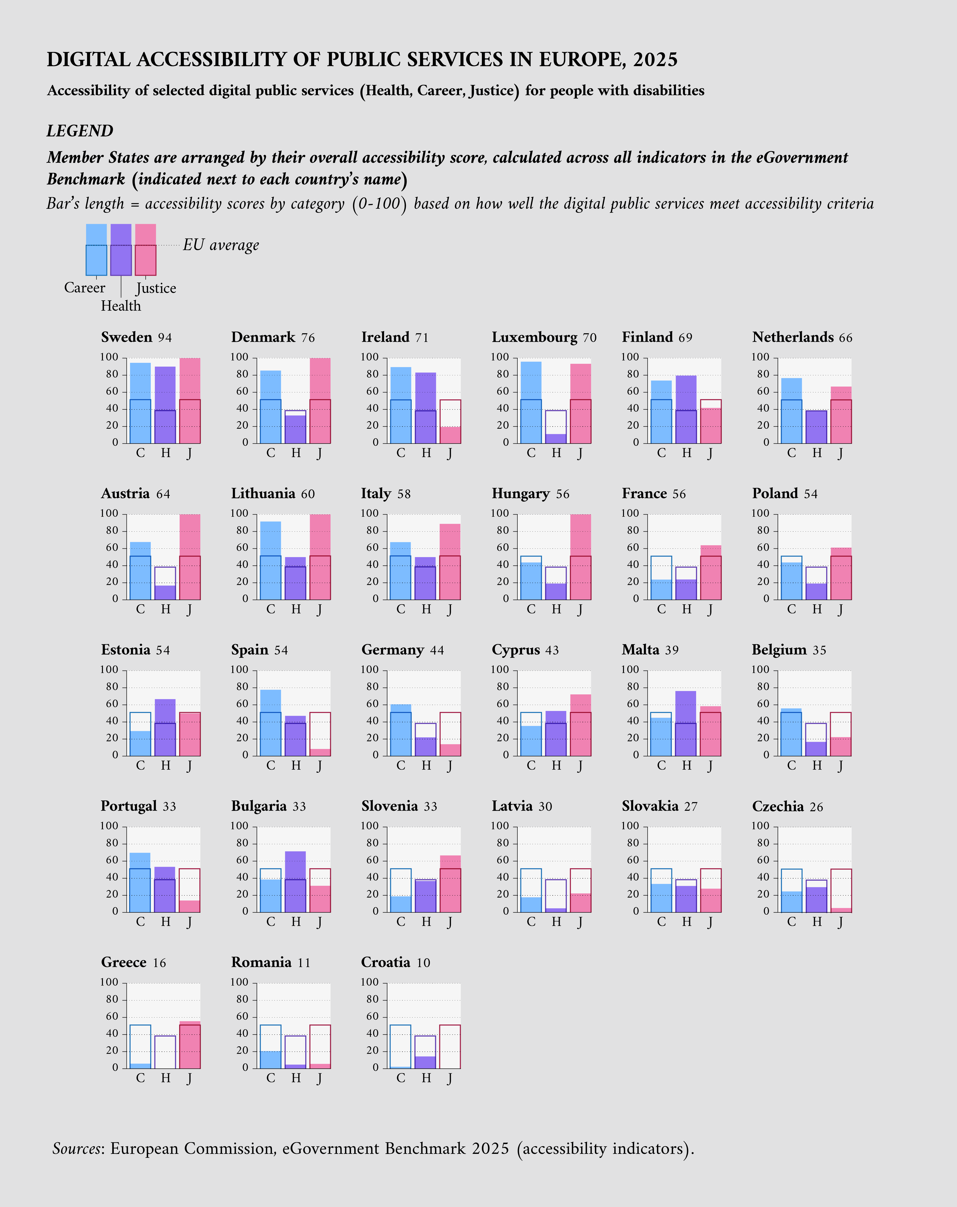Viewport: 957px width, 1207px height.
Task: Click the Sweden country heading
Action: tap(126, 337)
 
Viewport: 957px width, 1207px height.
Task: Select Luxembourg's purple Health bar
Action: tap(556, 438)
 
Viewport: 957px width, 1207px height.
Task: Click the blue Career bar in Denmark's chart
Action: tap(271, 407)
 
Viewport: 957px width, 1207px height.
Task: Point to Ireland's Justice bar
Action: tap(450, 434)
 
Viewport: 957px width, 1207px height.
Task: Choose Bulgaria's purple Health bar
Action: tap(296, 882)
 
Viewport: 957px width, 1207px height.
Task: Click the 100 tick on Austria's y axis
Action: tap(109, 513)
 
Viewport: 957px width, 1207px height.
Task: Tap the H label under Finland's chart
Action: tap(686, 453)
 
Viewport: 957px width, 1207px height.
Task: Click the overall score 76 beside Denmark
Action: tap(308, 338)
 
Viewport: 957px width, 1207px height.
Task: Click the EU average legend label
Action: tap(221, 245)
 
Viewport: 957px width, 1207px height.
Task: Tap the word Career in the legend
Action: tap(85, 288)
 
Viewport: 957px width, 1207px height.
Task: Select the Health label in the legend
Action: tap(121, 306)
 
